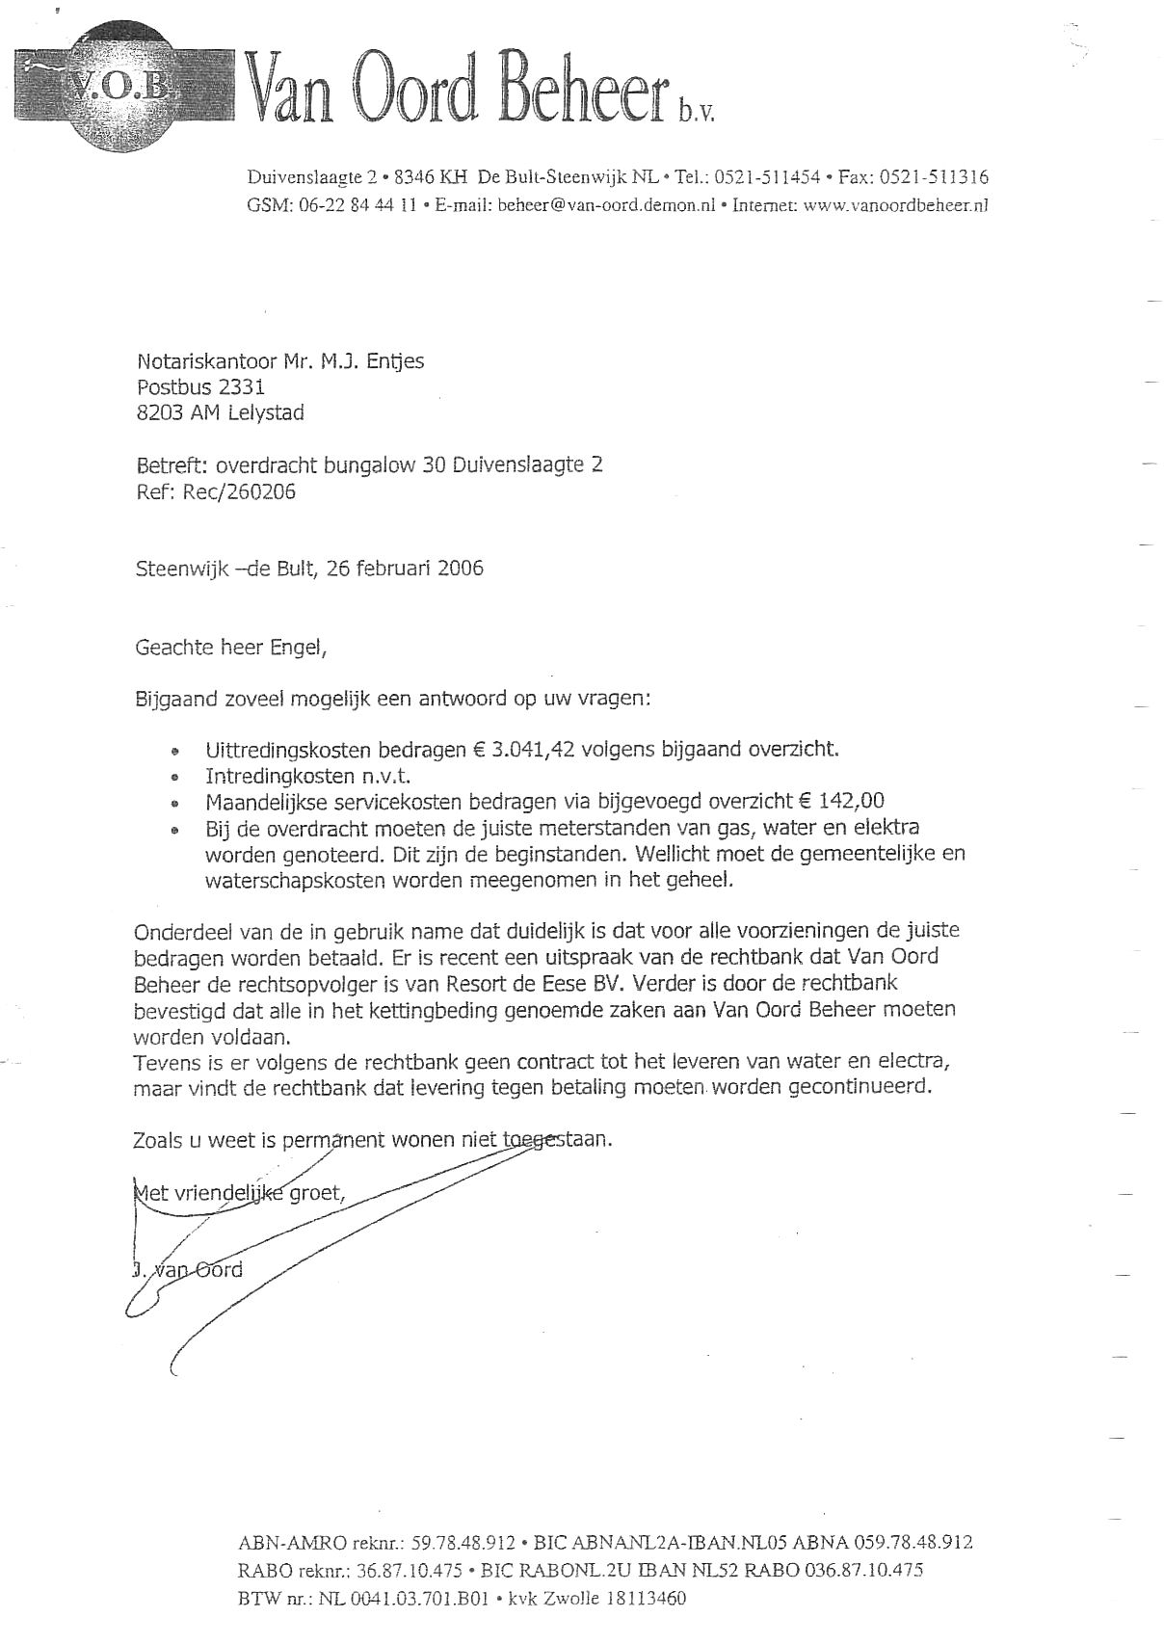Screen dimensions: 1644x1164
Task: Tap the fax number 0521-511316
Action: pos(934,177)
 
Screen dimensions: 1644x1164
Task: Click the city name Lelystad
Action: pos(266,413)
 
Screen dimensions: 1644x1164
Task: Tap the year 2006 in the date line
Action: pos(460,569)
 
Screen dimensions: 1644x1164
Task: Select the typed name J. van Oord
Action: pos(188,1270)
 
